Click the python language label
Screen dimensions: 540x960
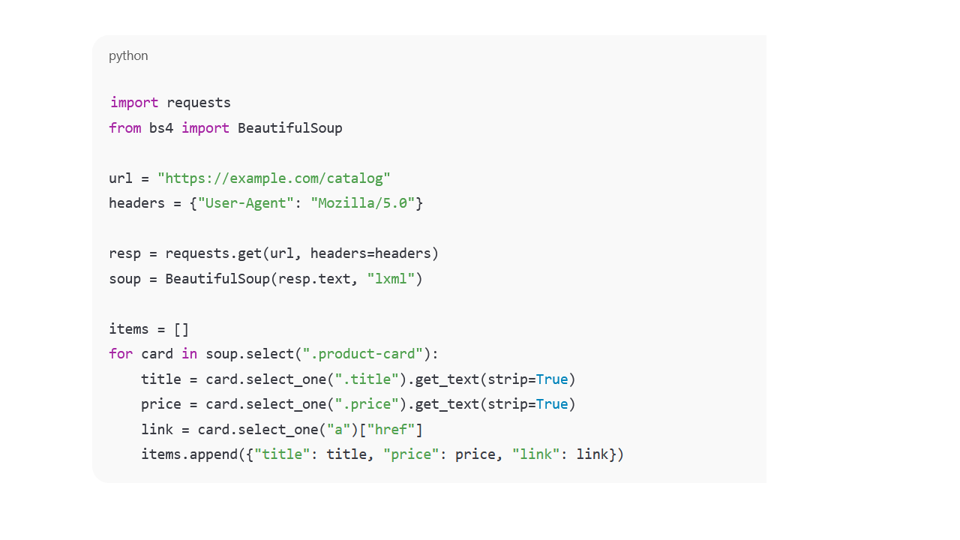coord(128,55)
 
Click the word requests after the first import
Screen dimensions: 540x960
coord(199,103)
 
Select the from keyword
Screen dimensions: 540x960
coord(124,128)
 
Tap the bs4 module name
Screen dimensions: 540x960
coord(161,128)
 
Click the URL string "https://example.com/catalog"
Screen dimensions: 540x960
coord(274,178)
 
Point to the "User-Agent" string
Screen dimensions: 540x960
coord(246,203)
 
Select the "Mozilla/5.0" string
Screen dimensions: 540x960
coord(363,203)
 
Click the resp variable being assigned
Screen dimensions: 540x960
coord(124,253)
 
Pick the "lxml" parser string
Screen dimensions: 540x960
coord(391,279)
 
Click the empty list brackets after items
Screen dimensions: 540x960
coord(181,329)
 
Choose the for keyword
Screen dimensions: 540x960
coord(120,354)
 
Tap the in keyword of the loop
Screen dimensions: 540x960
coord(189,354)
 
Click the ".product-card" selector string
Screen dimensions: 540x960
coord(363,354)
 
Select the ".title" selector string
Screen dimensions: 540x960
coord(367,379)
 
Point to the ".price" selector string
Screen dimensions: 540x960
coord(367,404)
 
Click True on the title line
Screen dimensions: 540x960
coord(552,379)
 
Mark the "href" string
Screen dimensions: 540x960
coord(391,430)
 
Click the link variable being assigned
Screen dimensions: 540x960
coord(157,430)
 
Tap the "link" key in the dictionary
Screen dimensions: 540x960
coord(535,454)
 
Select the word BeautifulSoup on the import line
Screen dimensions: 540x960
coord(289,128)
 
